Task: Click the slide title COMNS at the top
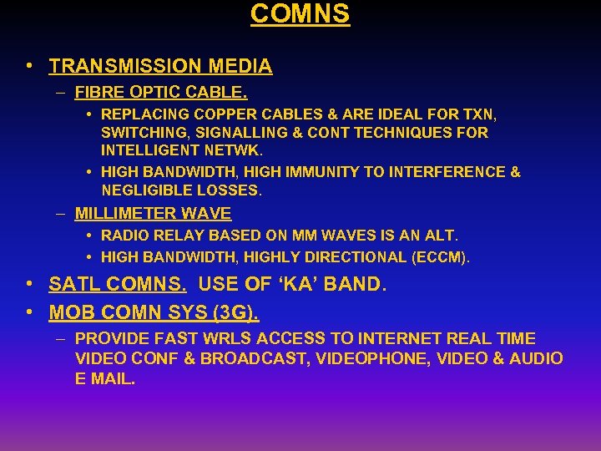coord(300,14)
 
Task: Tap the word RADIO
coord(124,237)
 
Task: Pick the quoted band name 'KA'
coord(295,285)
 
